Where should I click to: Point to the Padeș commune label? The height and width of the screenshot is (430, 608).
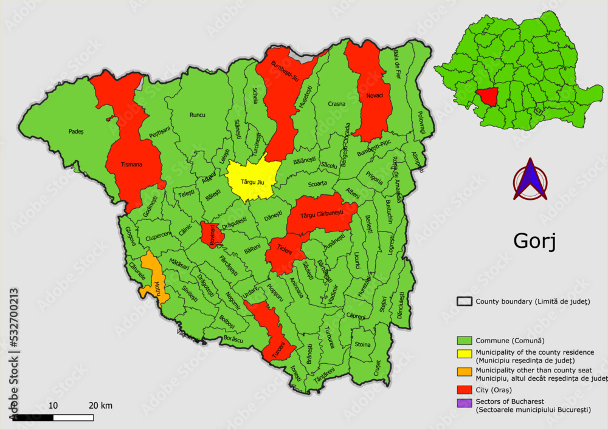76,131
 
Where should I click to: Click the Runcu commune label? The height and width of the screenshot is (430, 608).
197,115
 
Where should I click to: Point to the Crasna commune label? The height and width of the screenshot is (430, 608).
336,104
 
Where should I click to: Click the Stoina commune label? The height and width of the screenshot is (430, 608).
362,344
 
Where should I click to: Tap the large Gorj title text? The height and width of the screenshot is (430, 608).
534,241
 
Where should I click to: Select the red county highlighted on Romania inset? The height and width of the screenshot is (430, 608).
488,95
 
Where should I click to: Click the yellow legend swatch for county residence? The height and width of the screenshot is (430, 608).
465,355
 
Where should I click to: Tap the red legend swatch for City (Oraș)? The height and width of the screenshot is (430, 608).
465,389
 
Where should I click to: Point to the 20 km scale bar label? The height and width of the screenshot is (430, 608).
100,405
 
